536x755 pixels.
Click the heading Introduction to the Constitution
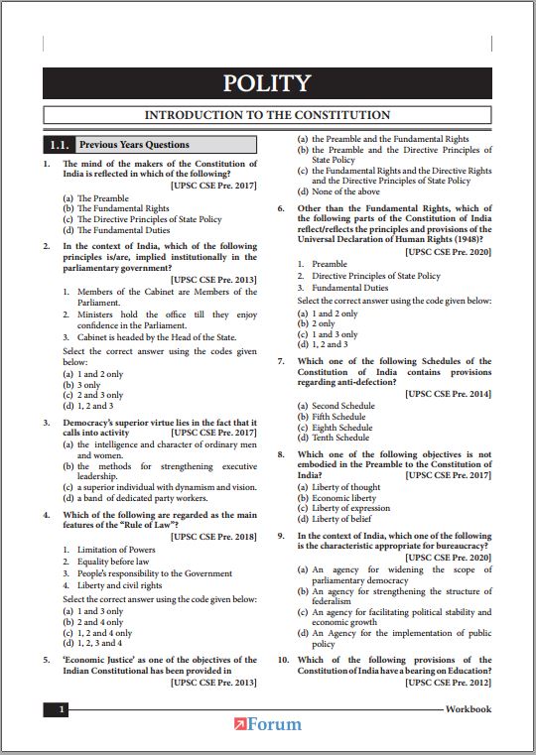point(267,115)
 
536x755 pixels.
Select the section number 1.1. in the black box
point(59,144)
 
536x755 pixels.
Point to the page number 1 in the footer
point(62,709)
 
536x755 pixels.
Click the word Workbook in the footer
point(468,709)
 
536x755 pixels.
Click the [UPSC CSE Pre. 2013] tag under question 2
point(213,280)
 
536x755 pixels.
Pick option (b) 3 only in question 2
point(81,384)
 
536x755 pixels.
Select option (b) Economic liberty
point(337,498)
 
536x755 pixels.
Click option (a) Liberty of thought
point(338,487)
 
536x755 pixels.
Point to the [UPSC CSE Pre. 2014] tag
point(448,394)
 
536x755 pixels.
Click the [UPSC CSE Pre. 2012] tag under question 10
point(448,684)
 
